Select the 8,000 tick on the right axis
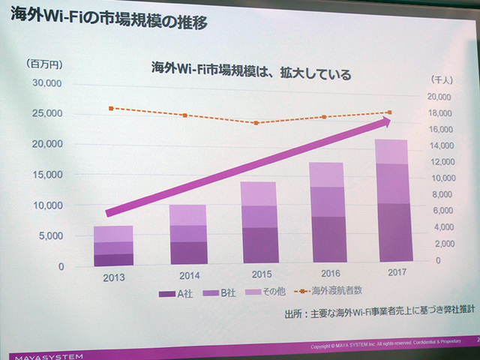tap(443, 195)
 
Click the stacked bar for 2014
tap(187, 234)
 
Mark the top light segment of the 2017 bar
tap(392, 151)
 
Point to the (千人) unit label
tap(442, 79)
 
